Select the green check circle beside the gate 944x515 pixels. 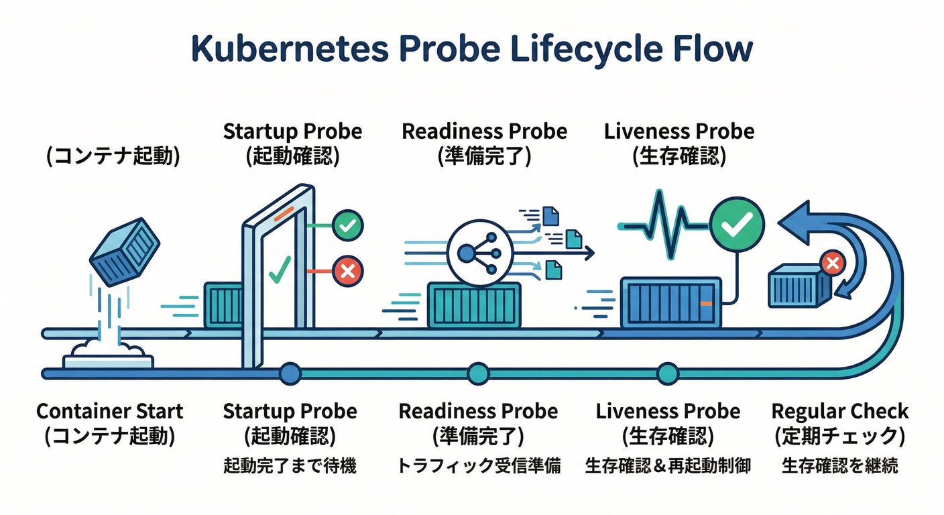tap(347, 226)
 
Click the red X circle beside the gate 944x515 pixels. tap(347, 271)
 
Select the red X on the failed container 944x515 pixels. tap(832, 263)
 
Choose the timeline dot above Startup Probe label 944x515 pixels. tap(290, 374)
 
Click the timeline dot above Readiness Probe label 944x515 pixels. tap(478, 374)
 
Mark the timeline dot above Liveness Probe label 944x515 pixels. tap(667, 374)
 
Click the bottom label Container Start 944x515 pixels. tap(109, 411)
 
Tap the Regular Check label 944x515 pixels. tap(839, 411)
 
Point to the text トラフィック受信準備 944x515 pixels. tap(478, 465)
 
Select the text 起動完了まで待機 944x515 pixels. tap(290, 465)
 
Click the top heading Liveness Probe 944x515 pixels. tap(678, 131)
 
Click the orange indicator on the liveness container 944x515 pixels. tap(705, 303)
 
